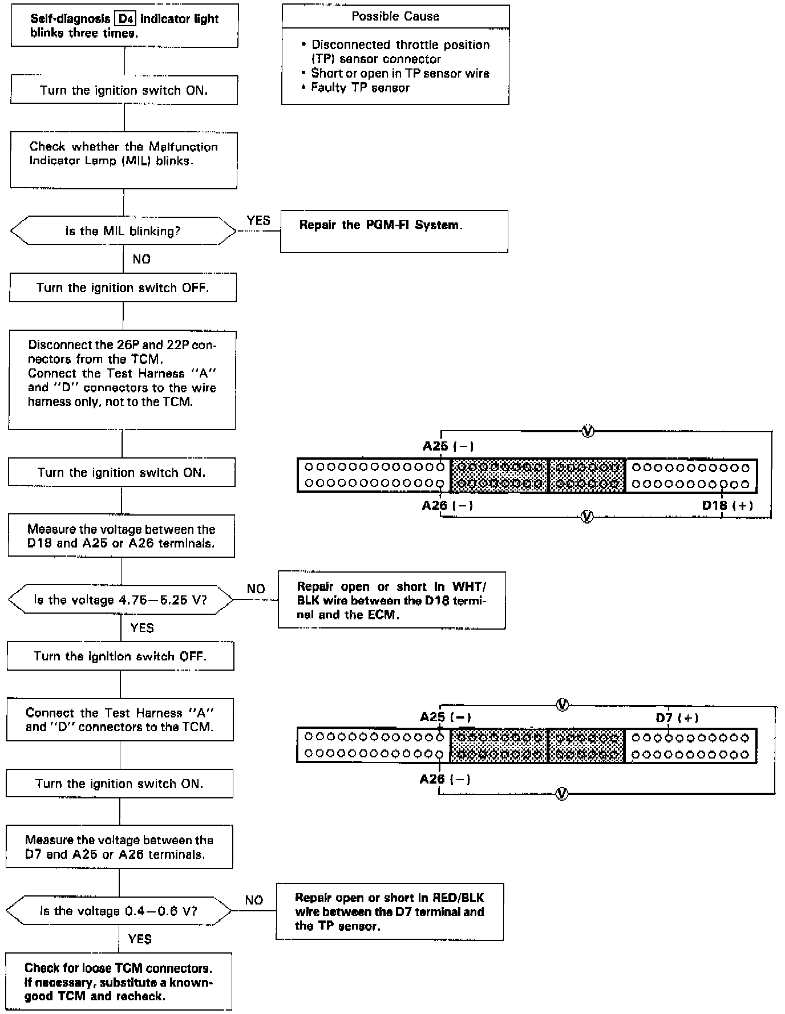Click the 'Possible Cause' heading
pyautogui.click(x=395, y=17)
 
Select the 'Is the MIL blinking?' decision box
pyautogui.click(x=123, y=231)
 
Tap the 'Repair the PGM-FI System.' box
pyautogui.click(x=394, y=231)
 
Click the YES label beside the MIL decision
pyautogui.click(x=258, y=221)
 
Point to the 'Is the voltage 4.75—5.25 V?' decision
pyautogui.click(x=120, y=600)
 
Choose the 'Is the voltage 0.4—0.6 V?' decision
pyautogui.click(x=119, y=911)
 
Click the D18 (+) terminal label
pyautogui.click(x=727, y=505)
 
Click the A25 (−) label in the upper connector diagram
pyautogui.click(x=448, y=446)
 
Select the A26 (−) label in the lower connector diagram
pyautogui.click(x=445, y=779)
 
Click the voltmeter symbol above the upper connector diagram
pyautogui.click(x=587, y=431)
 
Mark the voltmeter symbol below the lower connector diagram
pyautogui.click(x=562, y=793)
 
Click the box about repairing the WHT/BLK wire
pyautogui.click(x=392, y=601)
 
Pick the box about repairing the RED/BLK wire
pyautogui.click(x=390, y=911)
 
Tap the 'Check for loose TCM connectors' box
pyautogui.click(x=119, y=982)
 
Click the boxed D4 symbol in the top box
pyautogui.click(x=126, y=19)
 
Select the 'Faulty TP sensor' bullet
pyautogui.click(x=360, y=88)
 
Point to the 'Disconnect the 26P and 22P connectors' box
pyautogui.click(x=122, y=380)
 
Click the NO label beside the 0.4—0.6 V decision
pyautogui.click(x=254, y=901)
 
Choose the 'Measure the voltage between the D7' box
pyautogui.click(x=119, y=847)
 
